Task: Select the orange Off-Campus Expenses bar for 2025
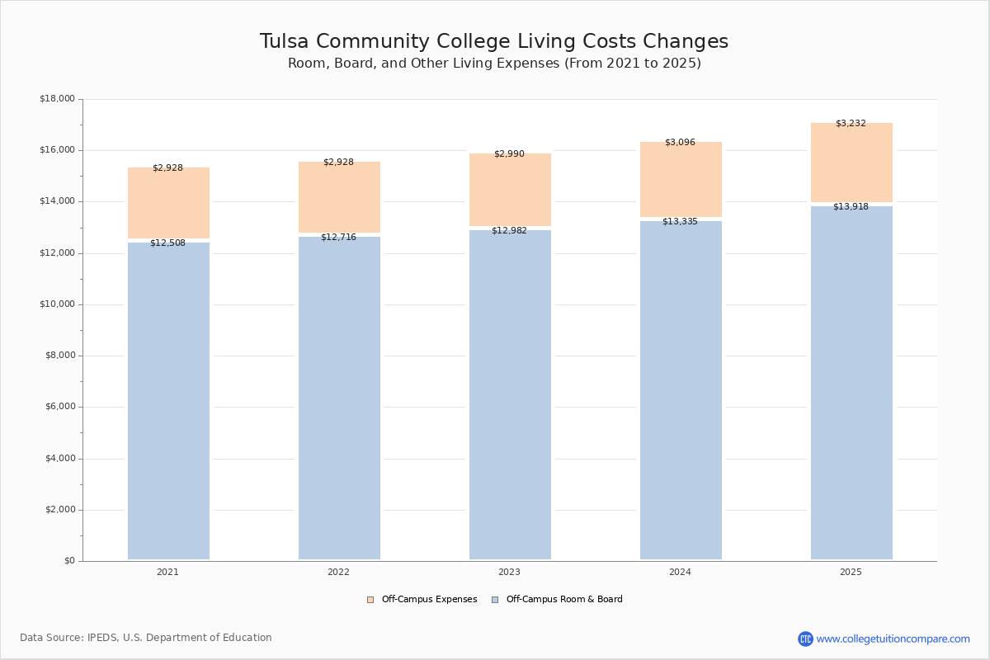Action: point(851,165)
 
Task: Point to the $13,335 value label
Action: point(680,221)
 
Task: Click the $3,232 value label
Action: point(851,124)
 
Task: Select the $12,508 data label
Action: point(167,243)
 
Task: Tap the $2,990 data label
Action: point(509,154)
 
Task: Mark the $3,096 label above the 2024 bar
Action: point(680,143)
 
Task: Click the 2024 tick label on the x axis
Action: point(680,573)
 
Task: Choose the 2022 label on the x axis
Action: point(338,573)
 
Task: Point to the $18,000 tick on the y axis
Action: point(57,99)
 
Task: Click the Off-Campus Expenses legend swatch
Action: point(370,600)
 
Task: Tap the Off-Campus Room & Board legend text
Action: point(564,600)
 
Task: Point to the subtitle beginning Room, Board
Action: point(494,64)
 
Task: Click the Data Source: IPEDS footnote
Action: point(146,638)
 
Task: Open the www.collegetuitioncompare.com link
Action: point(893,639)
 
